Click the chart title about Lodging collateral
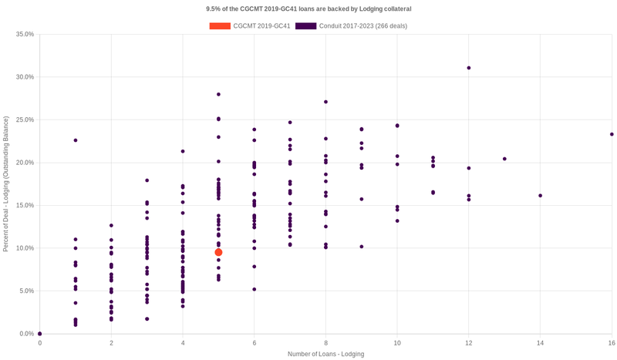coord(308,8)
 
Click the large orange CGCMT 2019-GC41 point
coord(218,252)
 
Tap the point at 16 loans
coord(612,134)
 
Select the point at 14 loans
coord(540,196)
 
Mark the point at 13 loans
coord(504,159)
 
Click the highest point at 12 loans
coord(469,68)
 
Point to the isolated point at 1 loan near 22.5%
coord(76,140)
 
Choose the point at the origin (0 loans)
coord(40,334)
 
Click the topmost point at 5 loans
coord(218,94)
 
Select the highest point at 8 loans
coord(325,102)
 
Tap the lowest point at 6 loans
coord(255,289)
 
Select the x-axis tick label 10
coord(397,342)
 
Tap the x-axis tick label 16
coord(612,342)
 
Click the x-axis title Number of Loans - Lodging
coord(325,354)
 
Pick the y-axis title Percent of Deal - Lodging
coord(6,183)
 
